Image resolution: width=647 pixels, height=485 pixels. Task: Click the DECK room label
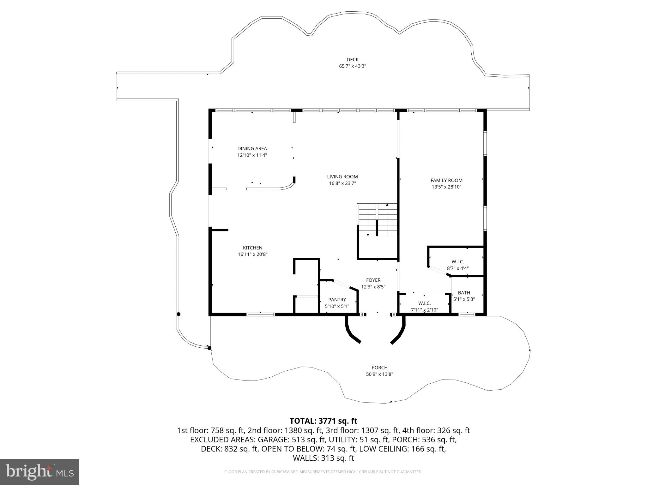point(353,59)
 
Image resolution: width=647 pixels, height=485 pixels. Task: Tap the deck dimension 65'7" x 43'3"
point(353,66)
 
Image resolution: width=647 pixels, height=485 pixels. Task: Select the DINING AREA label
point(252,148)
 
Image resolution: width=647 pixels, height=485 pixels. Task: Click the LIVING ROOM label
point(342,177)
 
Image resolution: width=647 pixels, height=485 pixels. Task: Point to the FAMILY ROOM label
point(446,180)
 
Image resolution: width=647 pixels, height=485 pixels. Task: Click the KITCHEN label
point(252,248)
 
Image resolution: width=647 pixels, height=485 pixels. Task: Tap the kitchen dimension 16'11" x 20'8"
point(252,254)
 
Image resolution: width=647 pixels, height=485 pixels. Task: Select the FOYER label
point(373,280)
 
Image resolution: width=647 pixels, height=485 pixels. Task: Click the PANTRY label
point(337,300)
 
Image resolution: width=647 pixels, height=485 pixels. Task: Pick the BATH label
point(464,293)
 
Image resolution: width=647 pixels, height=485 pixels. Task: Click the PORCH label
point(379,368)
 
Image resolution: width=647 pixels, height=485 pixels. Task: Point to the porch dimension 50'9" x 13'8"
point(379,374)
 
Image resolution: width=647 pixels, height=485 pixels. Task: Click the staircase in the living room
point(377,219)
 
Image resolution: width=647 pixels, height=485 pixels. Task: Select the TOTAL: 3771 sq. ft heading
point(323,421)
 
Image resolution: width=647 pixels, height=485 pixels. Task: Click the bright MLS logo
point(39,472)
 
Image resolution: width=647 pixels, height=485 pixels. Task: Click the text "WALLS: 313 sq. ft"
point(323,458)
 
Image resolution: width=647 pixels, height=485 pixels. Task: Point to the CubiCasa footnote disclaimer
point(323,472)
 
